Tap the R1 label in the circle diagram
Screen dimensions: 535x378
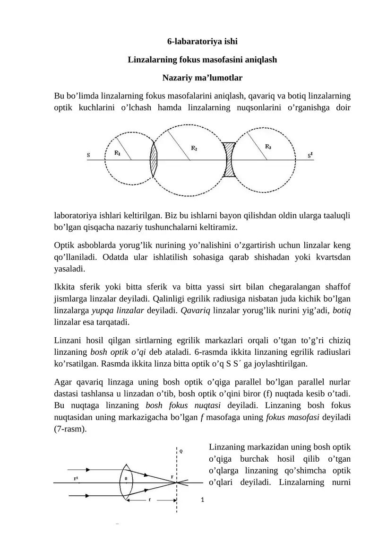(118, 153)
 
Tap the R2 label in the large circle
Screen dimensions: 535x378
(194, 148)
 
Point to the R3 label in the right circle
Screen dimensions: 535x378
(268, 147)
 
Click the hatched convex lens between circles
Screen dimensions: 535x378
(154, 160)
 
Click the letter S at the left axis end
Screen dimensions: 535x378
(88, 155)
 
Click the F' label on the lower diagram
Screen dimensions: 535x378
(76, 478)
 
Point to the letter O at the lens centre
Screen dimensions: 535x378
(126, 478)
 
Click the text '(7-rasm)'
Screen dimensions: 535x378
(70, 430)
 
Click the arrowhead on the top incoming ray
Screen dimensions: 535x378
(88, 471)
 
